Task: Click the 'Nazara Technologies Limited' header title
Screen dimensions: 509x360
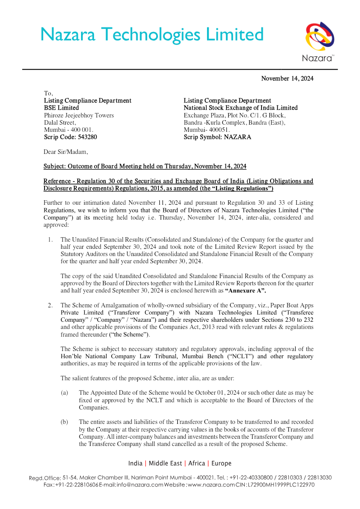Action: tap(152, 35)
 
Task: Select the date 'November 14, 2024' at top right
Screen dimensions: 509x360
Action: tap(287, 79)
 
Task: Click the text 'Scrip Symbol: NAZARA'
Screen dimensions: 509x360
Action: tap(217, 137)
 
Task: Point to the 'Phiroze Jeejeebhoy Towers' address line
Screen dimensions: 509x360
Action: tap(79, 115)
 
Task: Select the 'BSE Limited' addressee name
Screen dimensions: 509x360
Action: tap(61, 108)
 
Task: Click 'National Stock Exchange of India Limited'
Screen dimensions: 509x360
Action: tap(240, 108)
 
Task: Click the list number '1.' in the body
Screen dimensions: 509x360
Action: tap(51, 240)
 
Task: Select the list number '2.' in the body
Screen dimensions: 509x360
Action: tap(51, 306)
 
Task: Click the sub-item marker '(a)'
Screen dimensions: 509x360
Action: tap(64, 393)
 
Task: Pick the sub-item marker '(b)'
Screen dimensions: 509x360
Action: tap(64, 422)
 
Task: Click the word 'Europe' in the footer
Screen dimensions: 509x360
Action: tap(221, 463)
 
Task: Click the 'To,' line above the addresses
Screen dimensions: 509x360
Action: tap(48, 93)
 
